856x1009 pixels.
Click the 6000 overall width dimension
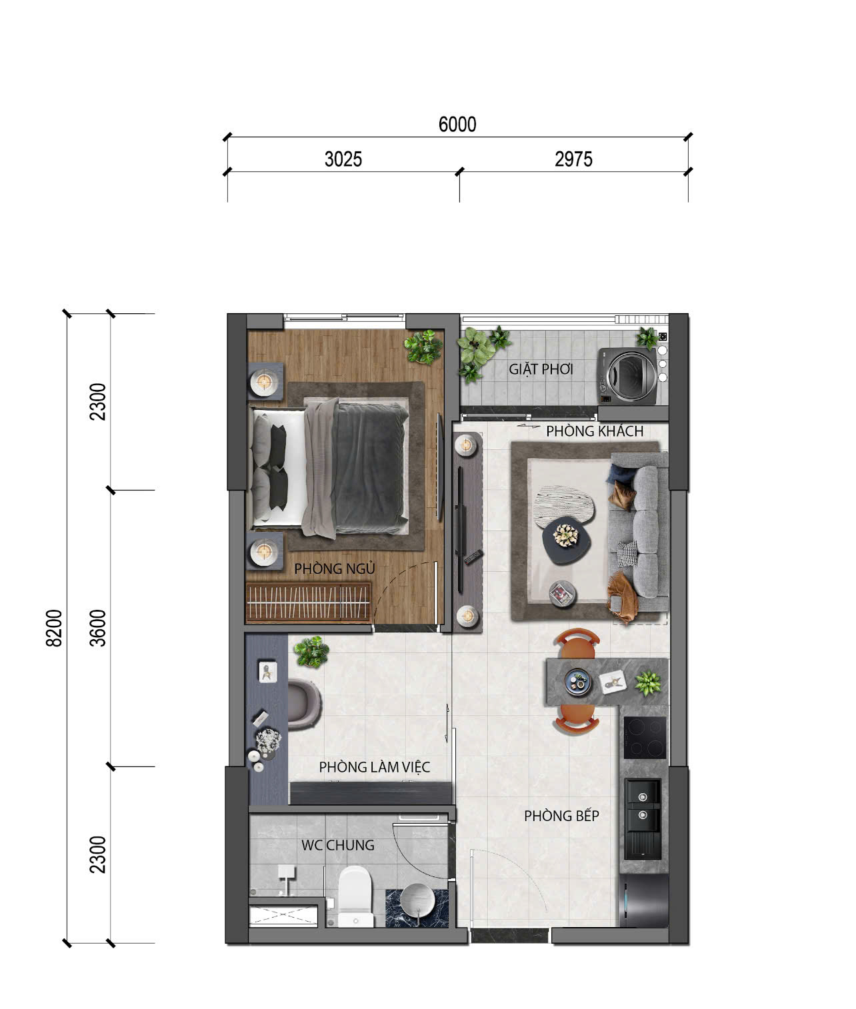pyautogui.click(x=457, y=125)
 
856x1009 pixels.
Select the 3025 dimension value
pyautogui.click(x=343, y=160)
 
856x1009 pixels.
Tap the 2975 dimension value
pyautogui.click(x=573, y=160)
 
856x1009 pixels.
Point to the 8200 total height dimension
pyautogui.click(x=54, y=628)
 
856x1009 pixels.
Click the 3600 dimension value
pyautogui.click(x=98, y=628)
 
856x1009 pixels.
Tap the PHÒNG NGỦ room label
pyautogui.click(x=335, y=568)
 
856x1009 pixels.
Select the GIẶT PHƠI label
pyautogui.click(x=541, y=369)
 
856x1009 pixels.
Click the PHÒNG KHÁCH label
pyautogui.click(x=595, y=431)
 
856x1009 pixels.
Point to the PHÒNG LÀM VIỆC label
pyautogui.click(x=375, y=767)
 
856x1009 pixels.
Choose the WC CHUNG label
pyautogui.click(x=338, y=845)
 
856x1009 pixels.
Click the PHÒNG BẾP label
pyautogui.click(x=561, y=816)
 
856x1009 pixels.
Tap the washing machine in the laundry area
pyautogui.click(x=628, y=377)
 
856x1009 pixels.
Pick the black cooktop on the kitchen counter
pyautogui.click(x=645, y=738)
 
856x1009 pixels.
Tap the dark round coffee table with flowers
pyautogui.click(x=567, y=540)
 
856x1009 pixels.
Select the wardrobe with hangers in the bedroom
pyautogui.click(x=308, y=602)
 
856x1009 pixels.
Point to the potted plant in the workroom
pyautogui.click(x=311, y=652)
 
